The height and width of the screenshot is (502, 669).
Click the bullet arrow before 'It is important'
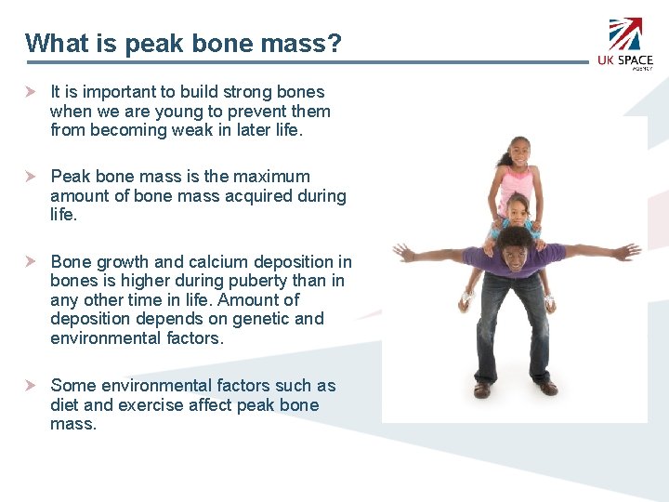pos(31,92)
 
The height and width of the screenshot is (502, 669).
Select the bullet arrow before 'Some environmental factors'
pos(31,386)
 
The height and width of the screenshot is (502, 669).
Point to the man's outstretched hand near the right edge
pos(629,250)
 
